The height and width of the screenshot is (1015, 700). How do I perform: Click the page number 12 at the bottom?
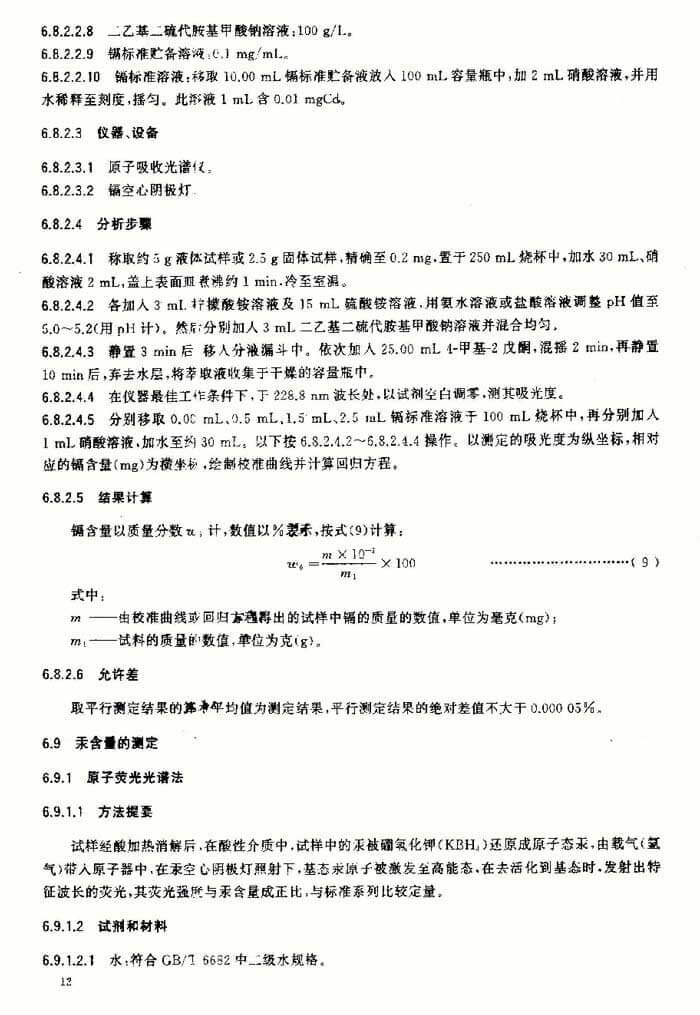coord(67,984)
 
